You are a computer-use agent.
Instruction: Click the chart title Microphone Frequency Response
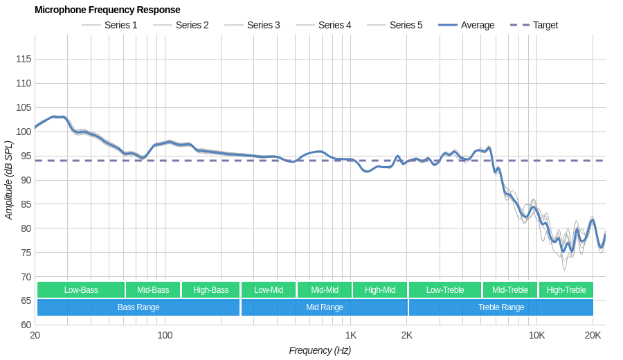pyautogui.click(x=107, y=10)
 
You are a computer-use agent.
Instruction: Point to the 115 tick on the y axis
pyautogui.click(x=24, y=59)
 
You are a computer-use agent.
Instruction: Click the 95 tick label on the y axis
pyautogui.click(x=24, y=156)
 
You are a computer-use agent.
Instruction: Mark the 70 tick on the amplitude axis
pyautogui.click(x=24, y=277)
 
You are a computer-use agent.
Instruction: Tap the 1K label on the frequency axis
pyautogui.click(x=351, y=335)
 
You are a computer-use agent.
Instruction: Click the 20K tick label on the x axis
pyautogui.click(x=593, y=335)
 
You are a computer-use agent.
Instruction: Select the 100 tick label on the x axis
pyautogui.click(x=165, y=335)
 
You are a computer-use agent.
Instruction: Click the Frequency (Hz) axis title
pyautogui.click(x=320, y=350)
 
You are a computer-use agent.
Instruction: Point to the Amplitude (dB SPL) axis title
pyautogui.click(x=9, y=180)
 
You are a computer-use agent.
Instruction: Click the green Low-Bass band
pyautogui.click(x=81, y=290)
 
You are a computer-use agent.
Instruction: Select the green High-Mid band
pyautogui.click(x=380, y=290)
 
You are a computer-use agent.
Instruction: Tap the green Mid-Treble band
pyautogui.click(x=510, y=290)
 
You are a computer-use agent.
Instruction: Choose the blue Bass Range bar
pyautogui.click(x=138, y=307)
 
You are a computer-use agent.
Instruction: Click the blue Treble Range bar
pyautogui.click(x=501, y=307)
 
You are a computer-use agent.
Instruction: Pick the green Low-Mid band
pyautogui.click(x=269, y=290)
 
